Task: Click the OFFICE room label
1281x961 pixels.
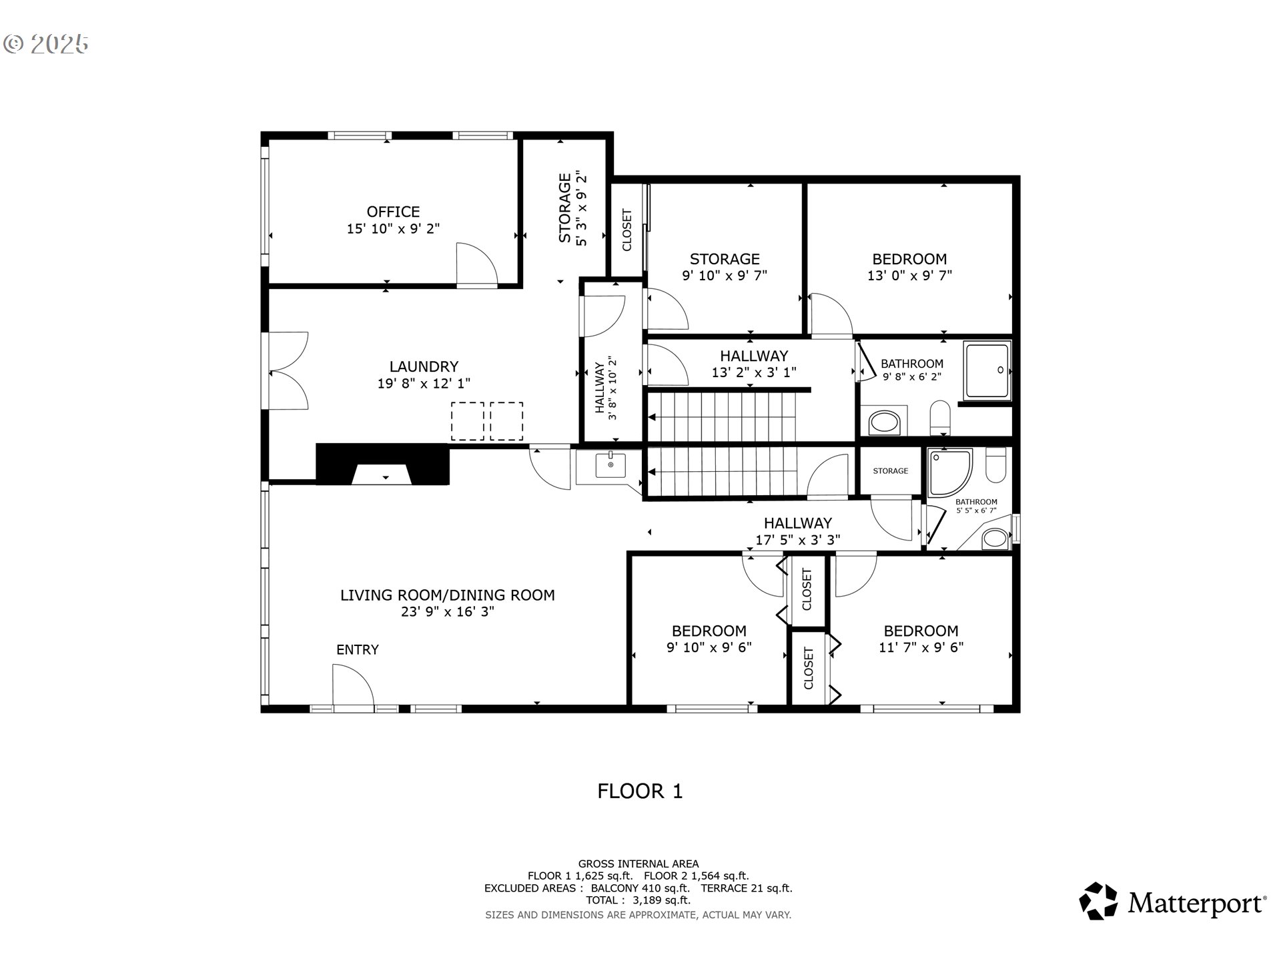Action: point(393,212)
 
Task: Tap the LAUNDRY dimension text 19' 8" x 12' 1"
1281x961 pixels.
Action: point(424,384)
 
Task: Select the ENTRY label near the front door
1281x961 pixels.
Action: point(357,649)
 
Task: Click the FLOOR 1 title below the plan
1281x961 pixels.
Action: point(640,791)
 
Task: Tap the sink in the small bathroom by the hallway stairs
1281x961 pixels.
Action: point(610,465)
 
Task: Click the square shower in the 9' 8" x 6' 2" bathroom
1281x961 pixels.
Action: point(987,370)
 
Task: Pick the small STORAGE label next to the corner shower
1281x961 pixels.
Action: point(891,471)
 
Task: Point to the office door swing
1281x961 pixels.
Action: point(476,265)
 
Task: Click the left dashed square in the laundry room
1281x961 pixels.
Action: point(468,420)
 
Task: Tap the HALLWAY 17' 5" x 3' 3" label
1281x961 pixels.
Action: point(797,531)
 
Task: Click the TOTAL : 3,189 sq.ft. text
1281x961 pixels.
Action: point(638,900)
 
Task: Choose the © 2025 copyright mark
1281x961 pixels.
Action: point(45,44)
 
